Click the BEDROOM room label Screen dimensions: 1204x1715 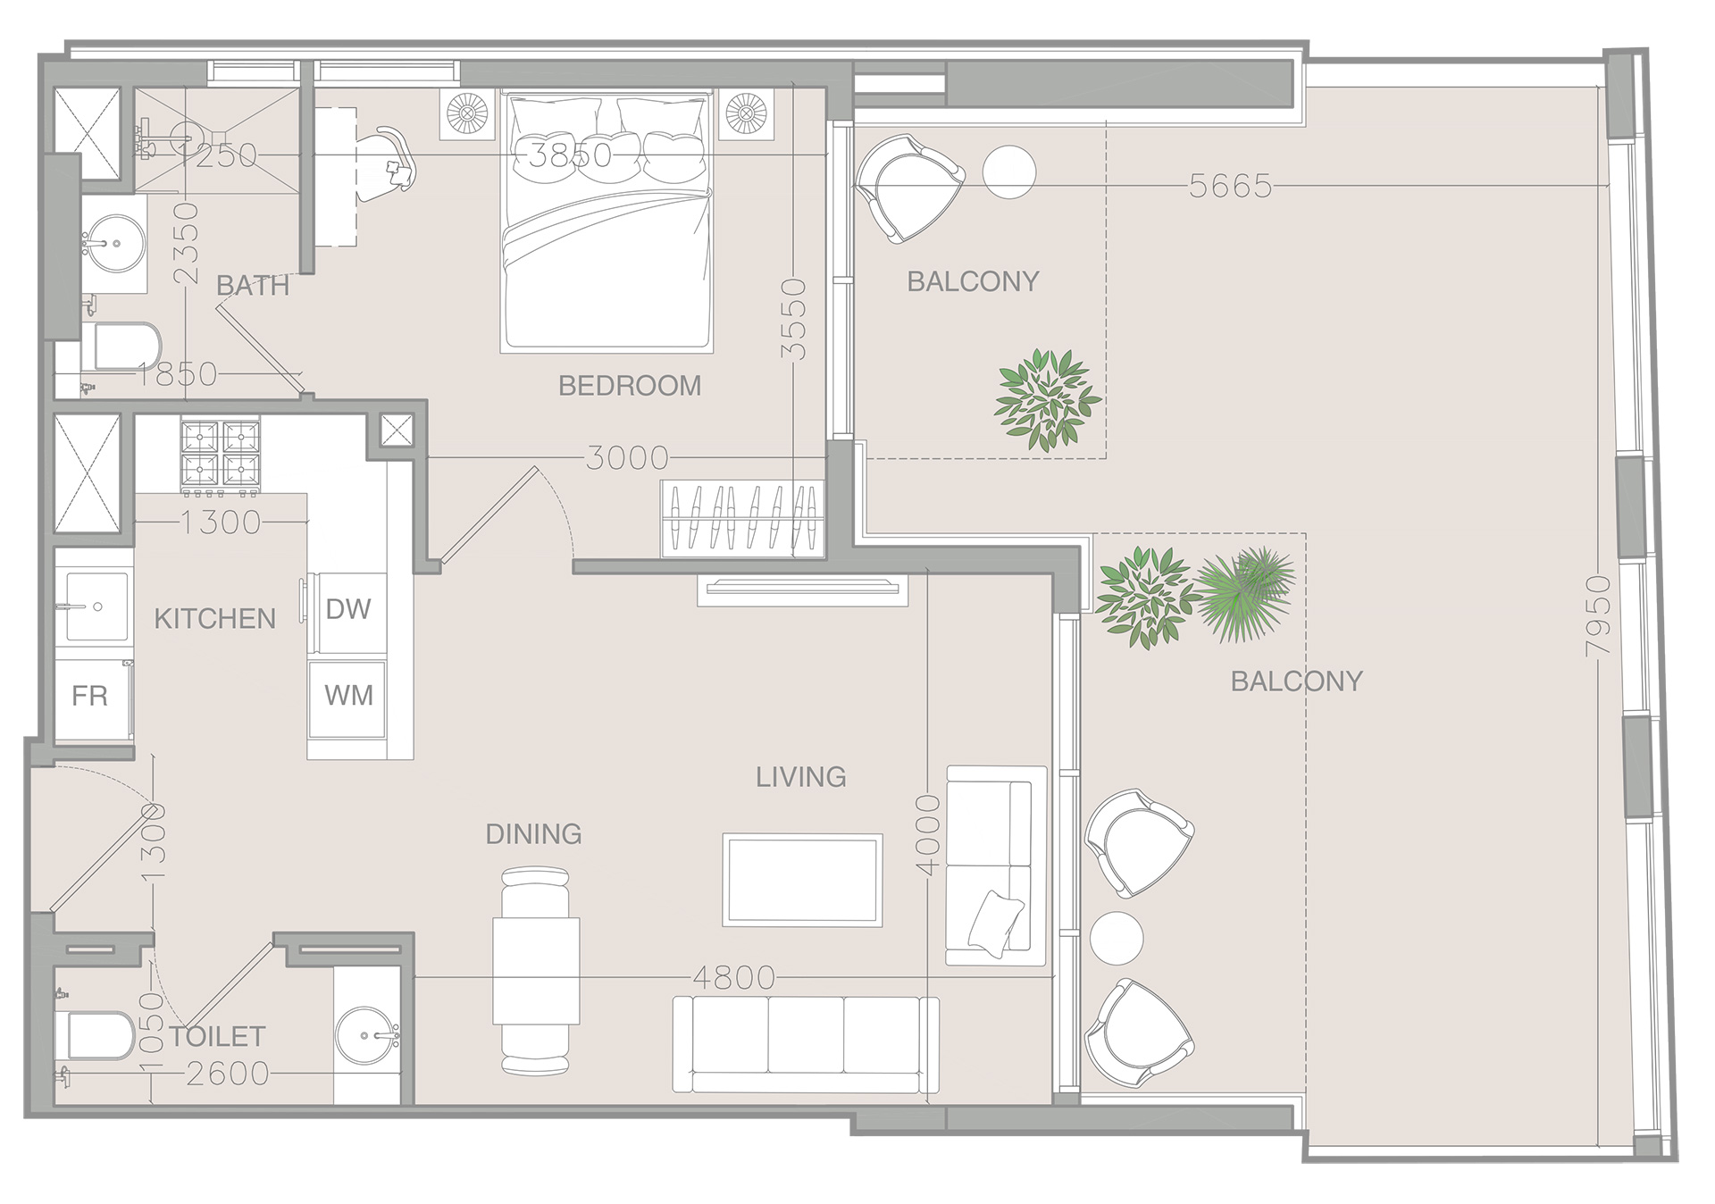pyautogui.click(x=630, y=386)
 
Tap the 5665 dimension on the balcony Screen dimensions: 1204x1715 pyautogui.click(x=1230, y=186)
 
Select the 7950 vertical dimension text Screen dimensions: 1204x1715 pyautogui.click(x=1598, y=616)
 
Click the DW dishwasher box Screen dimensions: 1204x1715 pyautogui.click(x=348, y=610)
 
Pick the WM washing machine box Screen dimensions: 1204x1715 pyautogui.click(x=348, y=696)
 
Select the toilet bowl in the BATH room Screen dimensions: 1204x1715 pyautogui.click(x=125, y=347)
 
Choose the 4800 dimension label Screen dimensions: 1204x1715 pyautogui.click(x=734, y=978)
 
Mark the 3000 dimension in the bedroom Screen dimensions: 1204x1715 pyautogui.click(x=627, y=458)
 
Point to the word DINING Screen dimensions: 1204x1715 pyautogui.click(x=533, y=834)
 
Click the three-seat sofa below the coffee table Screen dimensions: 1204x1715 pyautogui.click(x=806, y=1044)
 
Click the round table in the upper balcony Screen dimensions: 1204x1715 pyautogui.click(x=1009, y=171)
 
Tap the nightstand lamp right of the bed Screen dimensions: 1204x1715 pyautogui.click(x=746, y=113)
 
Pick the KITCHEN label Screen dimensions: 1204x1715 pyautogui.click(x=214, y=619)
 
